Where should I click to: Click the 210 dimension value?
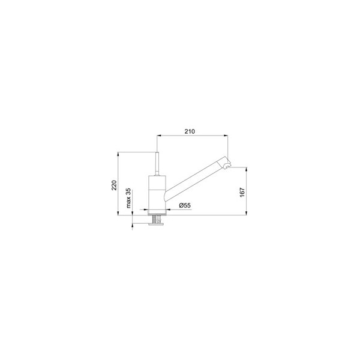[190, 131]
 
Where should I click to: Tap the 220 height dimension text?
[115, 185]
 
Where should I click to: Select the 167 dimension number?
[242, 193]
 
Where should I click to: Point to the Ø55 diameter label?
[185, 205]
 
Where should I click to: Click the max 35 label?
[128, 198]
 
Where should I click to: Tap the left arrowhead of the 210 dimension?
[158, 136]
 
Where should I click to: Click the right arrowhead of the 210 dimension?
[226, 136]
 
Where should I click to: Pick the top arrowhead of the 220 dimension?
[118, 154]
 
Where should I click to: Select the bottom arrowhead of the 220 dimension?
[118, 213]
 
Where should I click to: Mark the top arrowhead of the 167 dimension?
[247, 169]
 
